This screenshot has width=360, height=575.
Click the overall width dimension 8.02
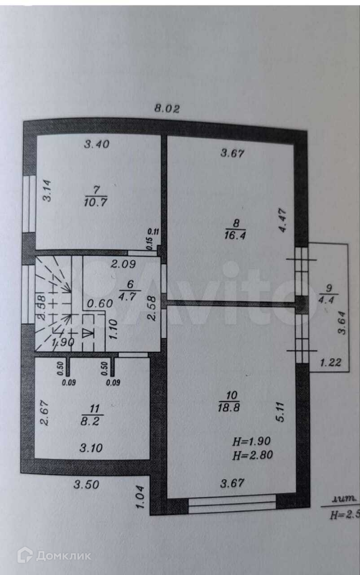pyautogui.click(x=167, y=108)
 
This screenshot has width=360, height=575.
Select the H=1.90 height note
pyautogui.click(x=251, y=441)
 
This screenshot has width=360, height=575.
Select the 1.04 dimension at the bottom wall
pyautogui.click(x=140, y=497)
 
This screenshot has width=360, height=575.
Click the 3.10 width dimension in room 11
pyautogui.click(x=91, y=448)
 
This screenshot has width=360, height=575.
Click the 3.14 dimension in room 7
pyautogui.click(x=48, y=190)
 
